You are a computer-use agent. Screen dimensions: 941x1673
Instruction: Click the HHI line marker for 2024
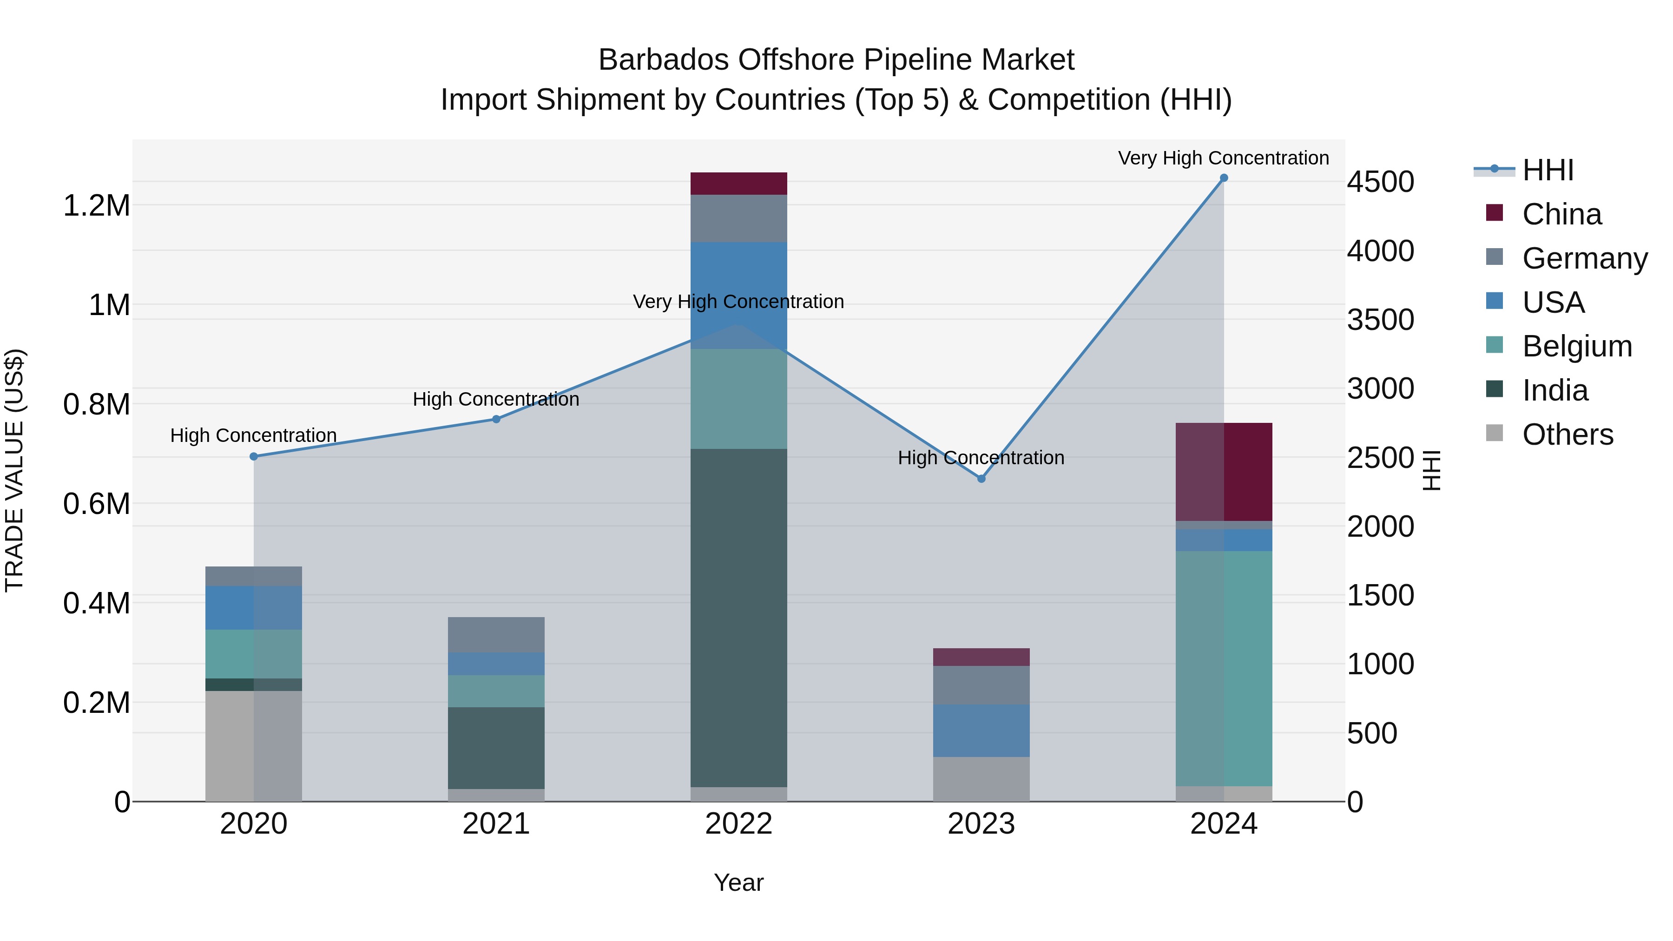pyautogui.click(x=1224, y=178)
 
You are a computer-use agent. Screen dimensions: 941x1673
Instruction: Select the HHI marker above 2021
pyautogui.click(x=496, y=420)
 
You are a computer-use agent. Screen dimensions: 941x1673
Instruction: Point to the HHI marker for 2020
pyautogui.click(x=254, y=456)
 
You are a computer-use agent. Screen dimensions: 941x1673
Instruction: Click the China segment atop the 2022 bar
pyautogui.click(x=738, y=184)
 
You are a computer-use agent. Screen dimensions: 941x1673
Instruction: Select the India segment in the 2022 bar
pyautogui.click(x=738, y=617)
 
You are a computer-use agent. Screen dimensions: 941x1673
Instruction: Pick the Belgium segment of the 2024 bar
pyautogui.click(x=1224, y=669)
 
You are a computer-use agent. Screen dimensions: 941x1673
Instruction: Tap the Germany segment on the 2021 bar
pyautogui.click(x=496, y=634)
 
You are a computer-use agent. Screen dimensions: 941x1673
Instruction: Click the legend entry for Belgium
pyautogui.click(x=1576, y=346)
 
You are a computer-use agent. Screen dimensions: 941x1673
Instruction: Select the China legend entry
pyautogui.click(x=1561, y=214)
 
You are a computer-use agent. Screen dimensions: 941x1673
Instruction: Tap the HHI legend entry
pyautogui.click(x=1547, y=170)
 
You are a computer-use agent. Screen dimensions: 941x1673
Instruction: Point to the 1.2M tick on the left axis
pyautogui.click(x=96, y=206)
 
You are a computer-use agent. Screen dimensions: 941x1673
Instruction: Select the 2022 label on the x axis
pyautogui.click(x=738, y=824)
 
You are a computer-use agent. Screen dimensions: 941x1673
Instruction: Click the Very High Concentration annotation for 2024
pyautogui.click(x=1223, y=158)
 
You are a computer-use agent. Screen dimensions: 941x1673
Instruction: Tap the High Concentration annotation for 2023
pyautogui.click(x=981, y=458)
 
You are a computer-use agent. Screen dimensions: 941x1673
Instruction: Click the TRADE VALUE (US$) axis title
pyautogui.click(x=14, y=470)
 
